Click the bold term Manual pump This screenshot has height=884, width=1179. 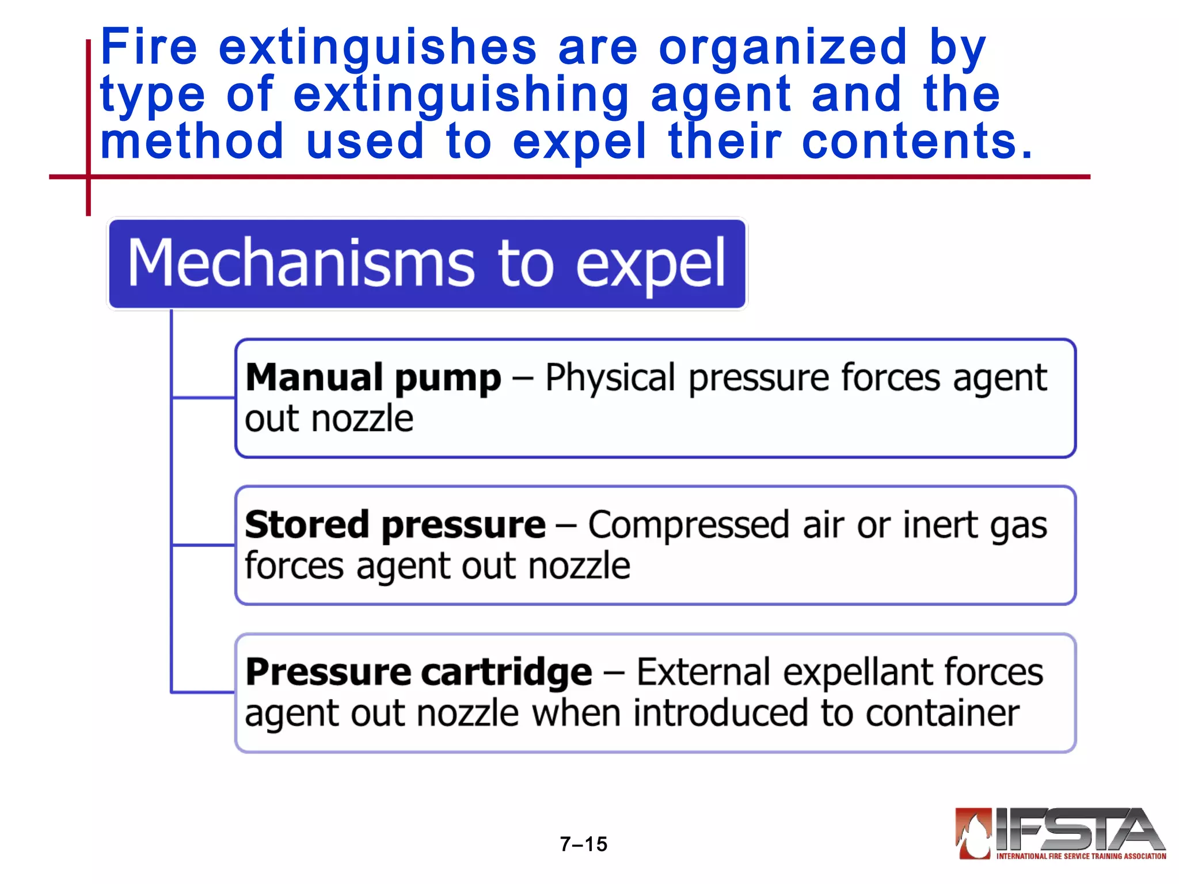pos(373,378)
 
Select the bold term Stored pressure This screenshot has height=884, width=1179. pos(395,525)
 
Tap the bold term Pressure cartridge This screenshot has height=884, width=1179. pos(419,672)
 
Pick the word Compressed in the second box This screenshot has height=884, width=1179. pos(688,525)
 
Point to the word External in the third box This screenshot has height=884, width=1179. pos(703,672)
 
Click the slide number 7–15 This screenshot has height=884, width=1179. pos(583,844)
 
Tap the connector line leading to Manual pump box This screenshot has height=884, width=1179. pos(203,397)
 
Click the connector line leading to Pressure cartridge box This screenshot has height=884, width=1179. pos(203,692)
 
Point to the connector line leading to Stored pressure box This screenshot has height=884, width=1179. pos(203,544)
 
